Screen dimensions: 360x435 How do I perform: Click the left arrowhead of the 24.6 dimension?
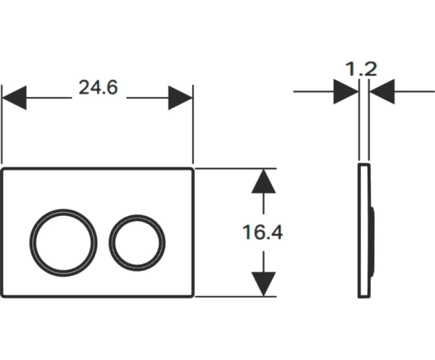click(x=14, y=97)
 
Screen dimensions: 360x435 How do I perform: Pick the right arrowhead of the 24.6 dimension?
click(x=181, y=97)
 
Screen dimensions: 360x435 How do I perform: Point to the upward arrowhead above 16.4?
click(x=263, y=181)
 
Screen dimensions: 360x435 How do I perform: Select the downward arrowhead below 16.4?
click(x=263, y=283)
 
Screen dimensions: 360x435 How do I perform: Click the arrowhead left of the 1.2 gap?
click(x=346, y=91)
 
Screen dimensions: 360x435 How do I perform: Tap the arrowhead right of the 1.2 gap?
click(x=381, y=91)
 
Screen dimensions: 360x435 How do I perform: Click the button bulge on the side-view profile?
click(x=372, y=239)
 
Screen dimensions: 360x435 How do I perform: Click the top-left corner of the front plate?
click(x=4, y=169)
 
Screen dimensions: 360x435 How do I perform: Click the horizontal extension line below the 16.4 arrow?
click(x=232, y=296)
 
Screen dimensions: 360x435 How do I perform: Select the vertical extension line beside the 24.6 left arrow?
click(x=2, y=130)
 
